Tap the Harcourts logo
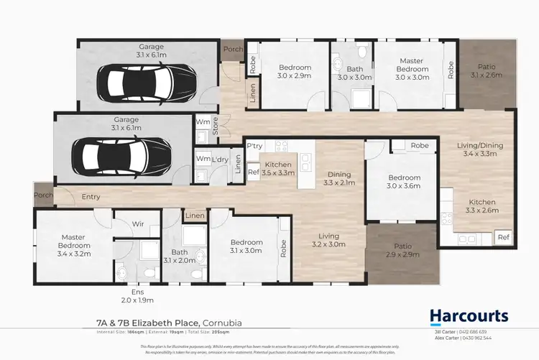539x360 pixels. tap(469, 315)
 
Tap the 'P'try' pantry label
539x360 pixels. tap(254, 146)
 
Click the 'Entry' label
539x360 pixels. tap(91, 198)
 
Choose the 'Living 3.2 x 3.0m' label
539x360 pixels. tap(329, 240)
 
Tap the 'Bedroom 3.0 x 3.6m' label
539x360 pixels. tap(404, 182)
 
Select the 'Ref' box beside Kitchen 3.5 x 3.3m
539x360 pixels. tap(253, 172)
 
